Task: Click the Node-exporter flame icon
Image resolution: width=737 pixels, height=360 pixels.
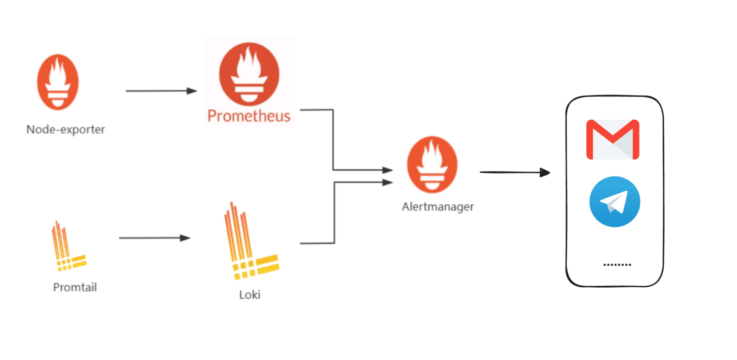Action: click(x=58, y=82)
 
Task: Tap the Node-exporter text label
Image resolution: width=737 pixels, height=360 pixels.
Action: click(x=66, y=129)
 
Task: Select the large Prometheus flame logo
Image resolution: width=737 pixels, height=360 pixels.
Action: click(x=249, y=74)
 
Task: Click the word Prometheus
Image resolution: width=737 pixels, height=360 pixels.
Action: click(x=249, y=116)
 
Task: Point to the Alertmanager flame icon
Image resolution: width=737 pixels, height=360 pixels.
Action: click(x=432, y=165)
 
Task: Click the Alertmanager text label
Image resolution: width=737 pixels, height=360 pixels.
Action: click(x=438, y=207)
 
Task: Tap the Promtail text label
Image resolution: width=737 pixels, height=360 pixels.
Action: click(x=75, y=287)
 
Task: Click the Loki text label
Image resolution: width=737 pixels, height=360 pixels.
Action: click(x=250, y=295)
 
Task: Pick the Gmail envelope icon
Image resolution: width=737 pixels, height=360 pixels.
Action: click(x=613, y=139)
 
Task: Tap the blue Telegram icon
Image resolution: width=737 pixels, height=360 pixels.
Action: click(x=615, y=202)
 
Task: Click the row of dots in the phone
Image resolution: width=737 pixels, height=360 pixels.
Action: click(x=617, y=264)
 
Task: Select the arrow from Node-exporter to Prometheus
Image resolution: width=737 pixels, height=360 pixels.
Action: click(x=161, y=91)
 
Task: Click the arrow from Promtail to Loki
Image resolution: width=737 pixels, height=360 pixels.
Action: click(x=154, y=238)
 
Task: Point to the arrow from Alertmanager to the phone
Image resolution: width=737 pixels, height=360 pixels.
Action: click(x=514, y=172)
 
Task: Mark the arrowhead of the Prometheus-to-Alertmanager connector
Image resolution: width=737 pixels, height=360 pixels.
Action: click(x=387, y=170)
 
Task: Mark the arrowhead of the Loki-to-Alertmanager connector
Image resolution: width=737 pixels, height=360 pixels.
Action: click(x=387, y=182)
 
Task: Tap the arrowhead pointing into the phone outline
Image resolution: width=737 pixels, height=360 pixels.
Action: click(x=545, y=172)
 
